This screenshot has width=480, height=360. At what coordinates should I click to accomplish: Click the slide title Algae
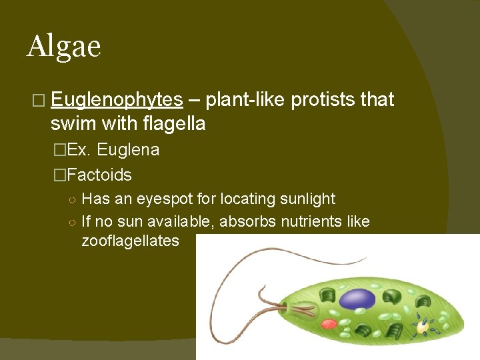64,46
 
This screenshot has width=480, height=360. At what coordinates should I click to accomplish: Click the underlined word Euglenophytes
117,100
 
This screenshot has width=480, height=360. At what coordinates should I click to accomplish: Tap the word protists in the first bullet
320,100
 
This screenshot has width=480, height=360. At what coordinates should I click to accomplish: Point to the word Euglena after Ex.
128,150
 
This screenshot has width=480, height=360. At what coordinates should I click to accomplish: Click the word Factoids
99,175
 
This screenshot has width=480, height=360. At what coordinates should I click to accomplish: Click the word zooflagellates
130,241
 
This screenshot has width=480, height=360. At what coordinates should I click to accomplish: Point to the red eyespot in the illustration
329,324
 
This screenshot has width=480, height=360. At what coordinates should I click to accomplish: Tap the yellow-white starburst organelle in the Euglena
422,327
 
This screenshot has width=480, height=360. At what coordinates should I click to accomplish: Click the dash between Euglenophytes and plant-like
194,100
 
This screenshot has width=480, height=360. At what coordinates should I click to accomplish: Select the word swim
72,123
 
